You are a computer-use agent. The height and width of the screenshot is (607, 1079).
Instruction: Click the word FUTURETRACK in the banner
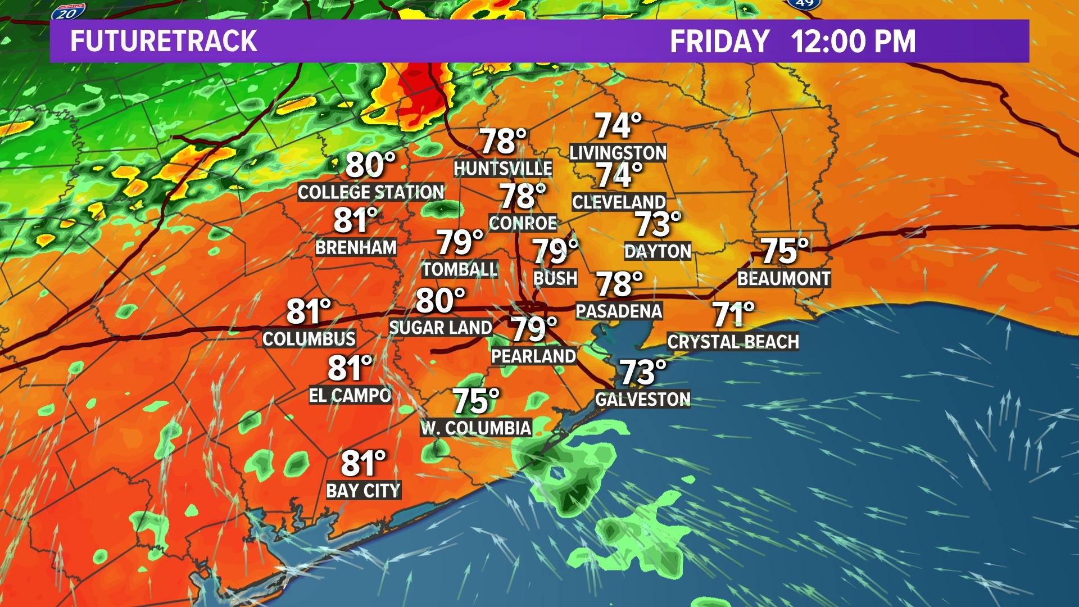coord(164,41)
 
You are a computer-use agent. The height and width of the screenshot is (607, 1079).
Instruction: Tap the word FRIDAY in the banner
coord(719,41)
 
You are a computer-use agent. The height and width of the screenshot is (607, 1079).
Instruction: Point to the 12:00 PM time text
coord(853,41)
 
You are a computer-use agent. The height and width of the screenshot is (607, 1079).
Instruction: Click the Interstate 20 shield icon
coord(68,11)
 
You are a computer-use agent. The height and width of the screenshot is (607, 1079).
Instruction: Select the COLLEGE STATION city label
coord(371,192)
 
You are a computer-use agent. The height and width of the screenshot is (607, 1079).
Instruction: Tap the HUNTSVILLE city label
coord(503,168)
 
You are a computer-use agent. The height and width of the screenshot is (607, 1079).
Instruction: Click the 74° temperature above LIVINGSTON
coord(618,126)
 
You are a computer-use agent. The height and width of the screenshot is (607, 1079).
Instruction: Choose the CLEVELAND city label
coord(619,202)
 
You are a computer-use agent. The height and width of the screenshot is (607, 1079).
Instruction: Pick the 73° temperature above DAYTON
coord(658,224)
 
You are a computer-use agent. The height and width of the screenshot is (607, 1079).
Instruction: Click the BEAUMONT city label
coord(783,278)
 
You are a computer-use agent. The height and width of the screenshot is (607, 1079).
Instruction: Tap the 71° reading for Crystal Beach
coord(733,315)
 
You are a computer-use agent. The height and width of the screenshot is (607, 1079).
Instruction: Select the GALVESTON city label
coord(642,399)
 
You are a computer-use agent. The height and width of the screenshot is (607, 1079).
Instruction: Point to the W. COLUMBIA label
coord(476,428)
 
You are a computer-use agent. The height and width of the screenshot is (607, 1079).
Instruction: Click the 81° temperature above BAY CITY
coord(364,464)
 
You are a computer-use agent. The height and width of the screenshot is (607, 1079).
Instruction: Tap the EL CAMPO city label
coord(350,396)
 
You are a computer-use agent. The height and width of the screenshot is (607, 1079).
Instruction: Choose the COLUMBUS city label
coord(309,339)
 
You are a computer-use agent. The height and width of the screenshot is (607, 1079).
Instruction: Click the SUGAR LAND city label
coord(441,328)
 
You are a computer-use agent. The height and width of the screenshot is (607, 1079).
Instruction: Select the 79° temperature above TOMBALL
coord(460,243)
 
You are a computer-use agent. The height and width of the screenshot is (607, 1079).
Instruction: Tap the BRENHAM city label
coord(356,247)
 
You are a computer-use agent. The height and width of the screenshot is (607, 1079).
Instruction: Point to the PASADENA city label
coord(619,311)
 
